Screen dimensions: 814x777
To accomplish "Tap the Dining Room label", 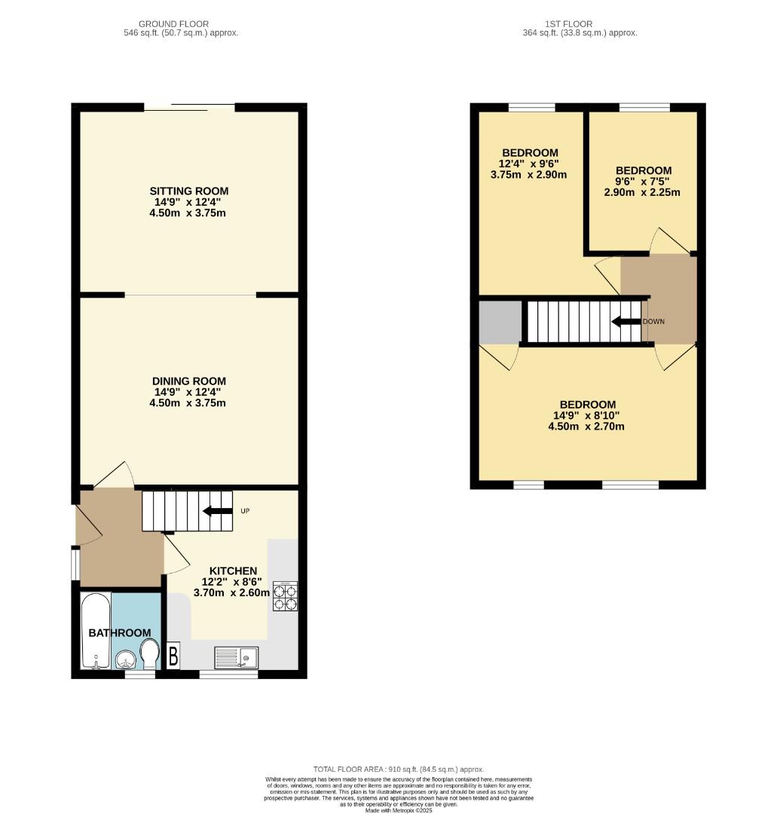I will [188, 381].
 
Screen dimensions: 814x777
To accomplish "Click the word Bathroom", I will [120, 632].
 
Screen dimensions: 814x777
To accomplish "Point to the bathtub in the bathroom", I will [96, 632].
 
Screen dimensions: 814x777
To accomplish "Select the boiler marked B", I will [173, 656].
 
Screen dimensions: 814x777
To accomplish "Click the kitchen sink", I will [236, 657].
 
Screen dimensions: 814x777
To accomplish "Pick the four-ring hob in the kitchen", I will [286, 596].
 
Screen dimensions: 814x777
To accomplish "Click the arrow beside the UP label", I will [217, 511].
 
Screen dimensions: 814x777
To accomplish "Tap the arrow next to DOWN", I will [626, 322].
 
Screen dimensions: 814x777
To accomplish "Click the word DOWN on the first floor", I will [654, 322].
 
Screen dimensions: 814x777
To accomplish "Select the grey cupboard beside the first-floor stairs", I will [500, 321].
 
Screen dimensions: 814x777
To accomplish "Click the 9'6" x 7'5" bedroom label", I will [642, 171].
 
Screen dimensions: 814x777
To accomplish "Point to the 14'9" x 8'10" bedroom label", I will [586, 405].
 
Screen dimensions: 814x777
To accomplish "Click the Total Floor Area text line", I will [399, 769].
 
